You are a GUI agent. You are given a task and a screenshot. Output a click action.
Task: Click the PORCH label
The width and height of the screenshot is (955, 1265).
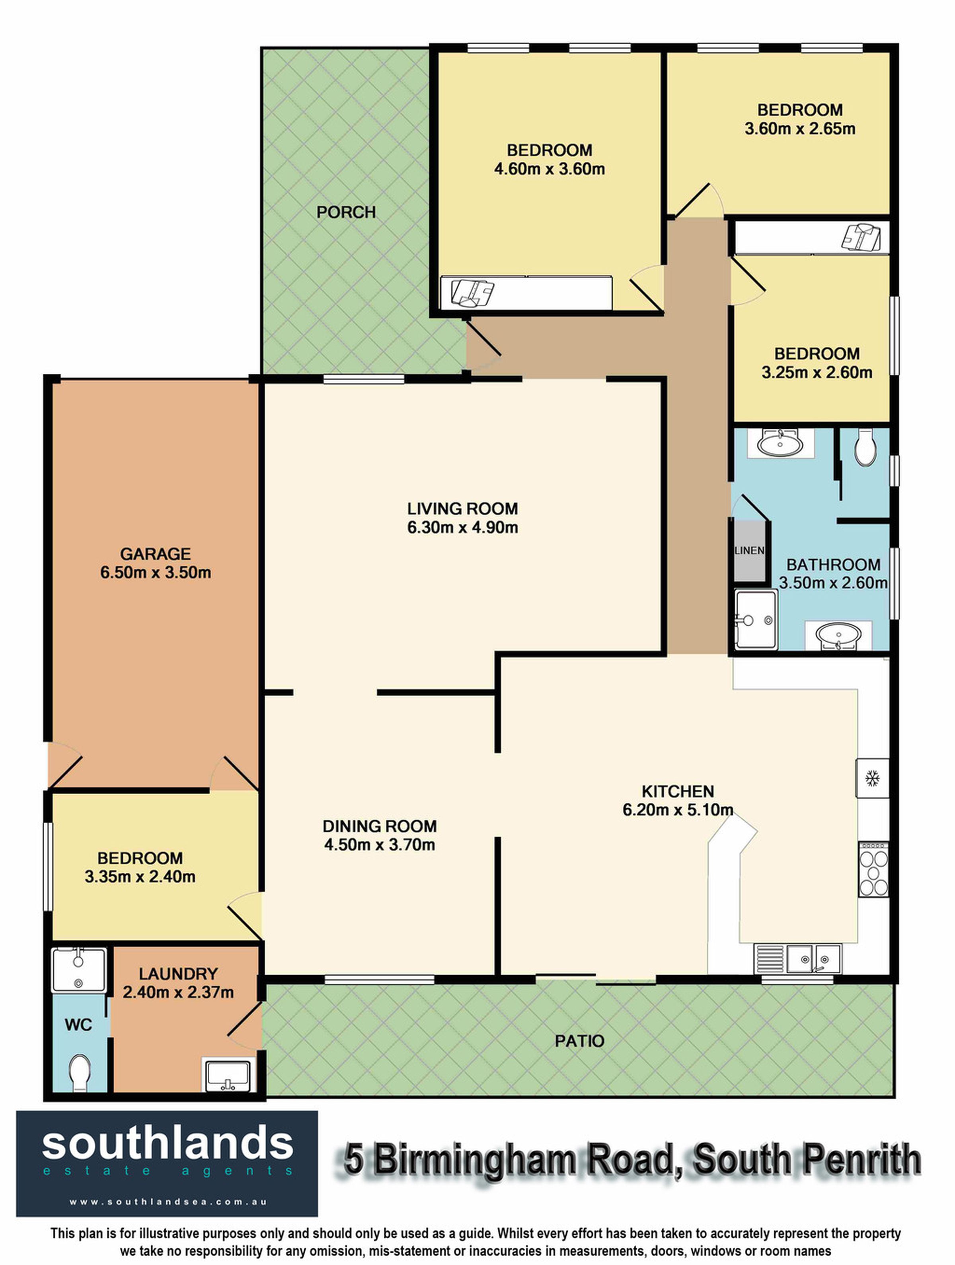click(x=346, y=212)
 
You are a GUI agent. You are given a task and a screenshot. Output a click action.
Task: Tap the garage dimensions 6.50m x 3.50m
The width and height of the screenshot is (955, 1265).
click(x=156, y=572)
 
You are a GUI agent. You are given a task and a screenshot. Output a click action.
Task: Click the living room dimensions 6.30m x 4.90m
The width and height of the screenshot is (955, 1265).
click(x=463, y=527)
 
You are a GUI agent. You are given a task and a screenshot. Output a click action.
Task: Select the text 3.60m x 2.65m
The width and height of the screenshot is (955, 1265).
click(x=800, y=129)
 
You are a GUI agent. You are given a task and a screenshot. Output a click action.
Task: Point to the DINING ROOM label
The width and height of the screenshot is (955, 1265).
click(x=380, y=826)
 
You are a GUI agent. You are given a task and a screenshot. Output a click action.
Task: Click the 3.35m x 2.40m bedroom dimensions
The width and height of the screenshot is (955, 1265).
click(x=140, y=876)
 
